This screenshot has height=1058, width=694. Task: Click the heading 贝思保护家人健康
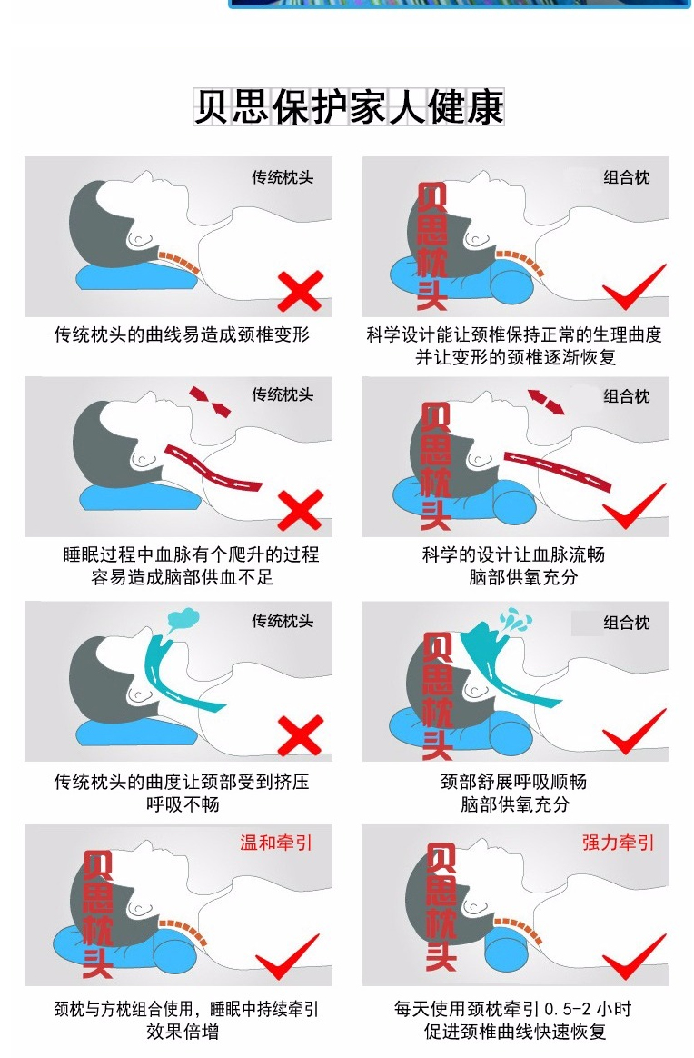click(x=349, y=106)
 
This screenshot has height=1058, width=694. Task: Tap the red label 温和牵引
click(x=276, y=842)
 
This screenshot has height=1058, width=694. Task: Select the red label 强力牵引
click(x=618, y=842)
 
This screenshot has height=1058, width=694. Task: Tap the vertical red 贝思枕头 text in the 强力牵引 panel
click(x=441, y=907)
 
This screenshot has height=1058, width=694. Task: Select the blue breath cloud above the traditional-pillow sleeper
click(x=183, y=619)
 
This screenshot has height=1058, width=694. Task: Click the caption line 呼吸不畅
click(x=182, y=803)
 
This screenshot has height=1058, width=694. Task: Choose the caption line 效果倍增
click(x=182, y=1031)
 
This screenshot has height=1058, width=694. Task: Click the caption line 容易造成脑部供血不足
click(x=182, y=577)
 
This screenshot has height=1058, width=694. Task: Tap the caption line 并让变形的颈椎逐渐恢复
click(x=515, y=357)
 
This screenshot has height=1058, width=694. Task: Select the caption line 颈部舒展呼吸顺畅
click(x=514, y=782)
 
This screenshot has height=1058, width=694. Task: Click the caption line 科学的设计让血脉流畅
click(x=514, y=554)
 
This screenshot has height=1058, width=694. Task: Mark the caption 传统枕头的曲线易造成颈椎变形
click(x=182, y=334)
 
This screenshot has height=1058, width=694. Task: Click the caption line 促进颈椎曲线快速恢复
click(x=515, y=1031)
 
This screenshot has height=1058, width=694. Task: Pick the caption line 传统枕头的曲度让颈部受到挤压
click(x=182, y=782)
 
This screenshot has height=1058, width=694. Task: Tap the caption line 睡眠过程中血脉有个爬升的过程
click(x=191, y=554)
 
